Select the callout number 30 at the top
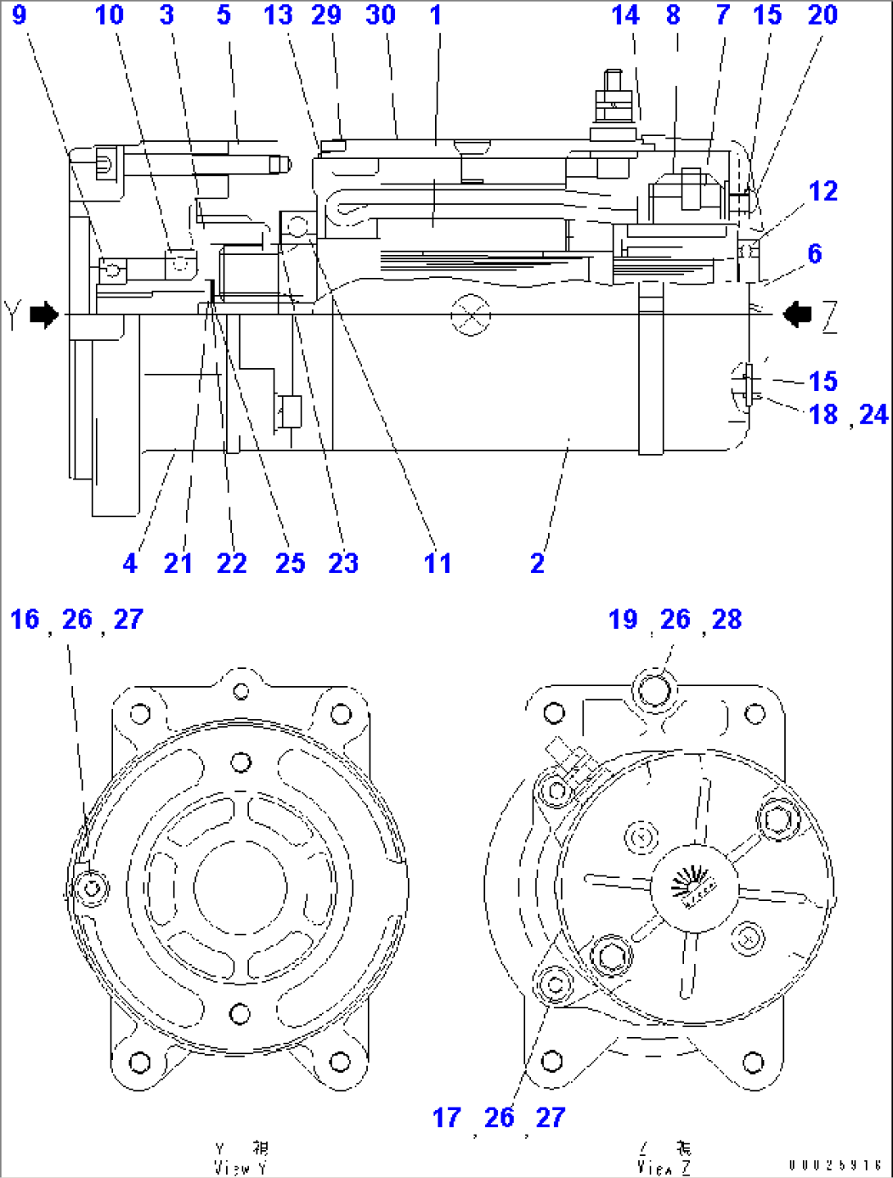click(381, 15)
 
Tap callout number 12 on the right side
click(823, 191)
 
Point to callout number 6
click(814, 253)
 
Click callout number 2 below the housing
click(537, 563)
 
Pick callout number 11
click(437, 563)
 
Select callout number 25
click(290, 563)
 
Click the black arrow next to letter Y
click(44, 314)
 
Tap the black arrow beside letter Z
click(796, 313)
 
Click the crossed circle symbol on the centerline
click(471, 315)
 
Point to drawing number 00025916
click(835, 1165)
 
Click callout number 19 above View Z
click(623, 620)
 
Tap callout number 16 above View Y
click(25, 620)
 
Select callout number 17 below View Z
click(446, 1117)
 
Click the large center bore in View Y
click(240, 887)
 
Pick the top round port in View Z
click(654, 689)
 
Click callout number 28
click(727, 620)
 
